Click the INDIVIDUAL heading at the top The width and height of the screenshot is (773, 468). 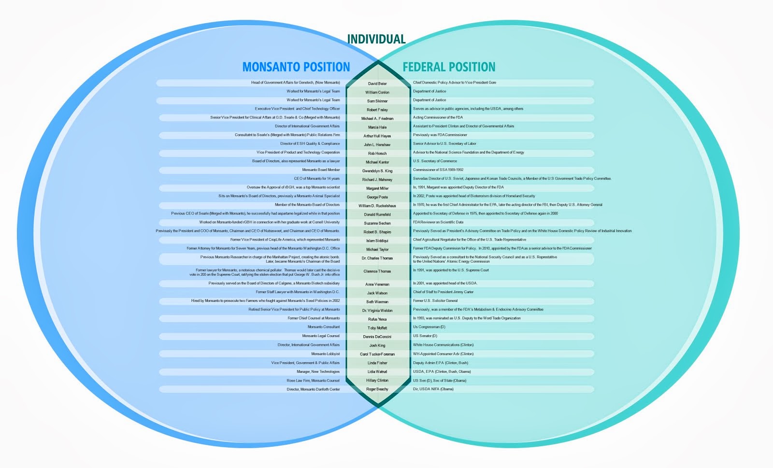point(376,39)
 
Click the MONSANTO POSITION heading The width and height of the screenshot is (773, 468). point(296,67)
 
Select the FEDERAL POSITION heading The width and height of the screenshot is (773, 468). point(449,67)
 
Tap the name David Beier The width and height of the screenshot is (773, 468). point(377,84)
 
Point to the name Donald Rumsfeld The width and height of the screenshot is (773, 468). point(377,214)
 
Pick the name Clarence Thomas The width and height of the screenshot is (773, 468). point(377,271)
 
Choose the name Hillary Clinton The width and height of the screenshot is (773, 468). point(377,381)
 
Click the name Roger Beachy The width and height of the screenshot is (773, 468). point(377,389)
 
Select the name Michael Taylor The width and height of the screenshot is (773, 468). point(377,250)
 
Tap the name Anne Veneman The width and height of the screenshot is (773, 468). point(377,284)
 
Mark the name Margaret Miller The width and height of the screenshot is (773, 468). point(377,188)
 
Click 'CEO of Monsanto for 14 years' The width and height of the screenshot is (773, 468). point(317,179)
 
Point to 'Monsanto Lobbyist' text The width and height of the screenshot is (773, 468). point(326,354)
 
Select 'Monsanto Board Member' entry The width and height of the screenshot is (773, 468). point(321,170)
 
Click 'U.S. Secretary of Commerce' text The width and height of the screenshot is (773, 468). point(435,161)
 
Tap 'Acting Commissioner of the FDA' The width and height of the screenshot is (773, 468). point(438,117)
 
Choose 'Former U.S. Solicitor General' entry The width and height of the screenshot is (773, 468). point(435,301)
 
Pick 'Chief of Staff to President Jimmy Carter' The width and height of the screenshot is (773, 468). point(443,292)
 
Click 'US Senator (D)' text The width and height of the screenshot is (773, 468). point(425,336)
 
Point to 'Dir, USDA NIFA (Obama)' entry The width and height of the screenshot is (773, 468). point(433,389)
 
